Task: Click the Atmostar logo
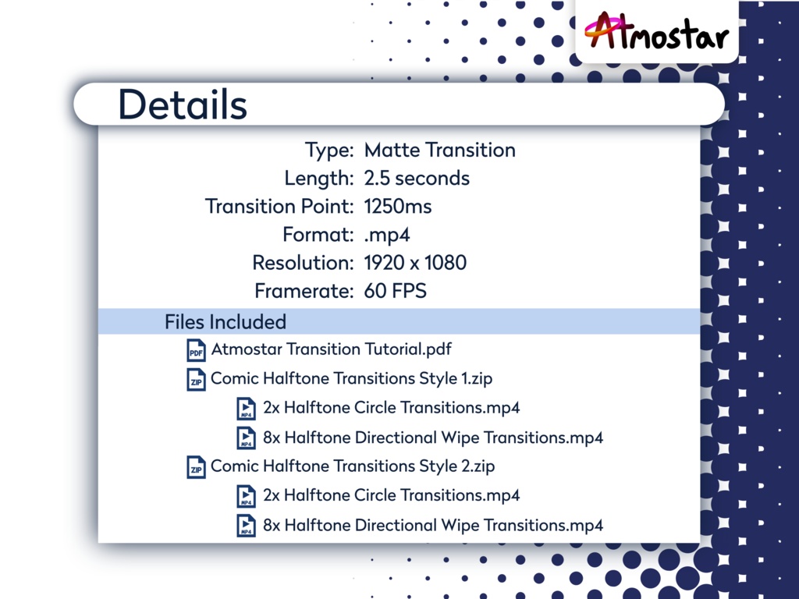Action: click(656, 33)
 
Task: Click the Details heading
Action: click(182, 105)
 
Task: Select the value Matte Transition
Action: click(439, 150)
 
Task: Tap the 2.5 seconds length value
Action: click(417, 178)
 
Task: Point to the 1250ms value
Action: click(398, 206)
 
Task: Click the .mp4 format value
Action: click(387, 235)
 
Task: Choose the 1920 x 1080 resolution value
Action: click(415, 263)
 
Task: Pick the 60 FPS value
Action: click(395, 291)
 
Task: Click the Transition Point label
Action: click(279, 206)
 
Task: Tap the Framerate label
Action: click(304, 291)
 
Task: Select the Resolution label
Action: click(303, 263)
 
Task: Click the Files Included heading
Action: click(225, 321)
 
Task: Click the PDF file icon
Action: click(196, 350)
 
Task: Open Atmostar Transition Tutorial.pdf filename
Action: click(332, 349)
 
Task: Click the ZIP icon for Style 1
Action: click(196, 379)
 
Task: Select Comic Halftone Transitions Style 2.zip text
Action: click(353, 466)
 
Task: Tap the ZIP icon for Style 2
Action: click(196, 467)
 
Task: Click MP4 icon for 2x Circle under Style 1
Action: click(246, 409)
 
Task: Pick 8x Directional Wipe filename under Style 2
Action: click(433, 525)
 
